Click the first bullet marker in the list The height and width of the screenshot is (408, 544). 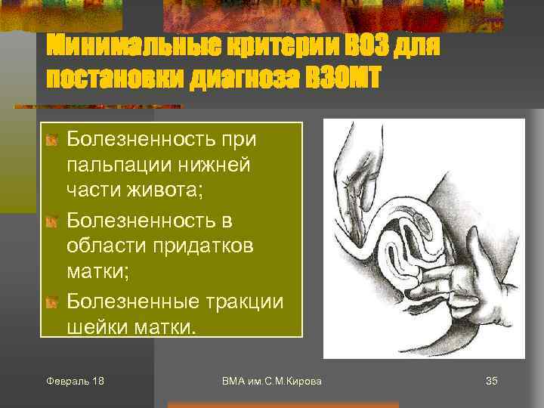(x=51, y=141)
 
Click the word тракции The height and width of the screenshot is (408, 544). (x=243, y=301)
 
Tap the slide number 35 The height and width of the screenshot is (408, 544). (x=491, y=381)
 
